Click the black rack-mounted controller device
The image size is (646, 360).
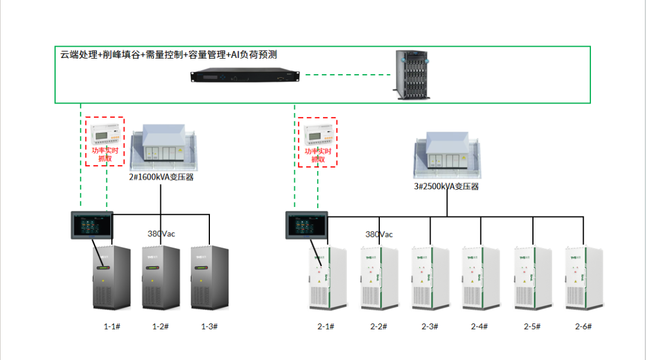(x=245, y=76)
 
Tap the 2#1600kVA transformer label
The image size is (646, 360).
(x=161, y=177)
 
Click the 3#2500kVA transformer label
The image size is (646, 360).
(x=447, y=187)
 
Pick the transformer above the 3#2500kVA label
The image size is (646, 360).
(x=447, y=157)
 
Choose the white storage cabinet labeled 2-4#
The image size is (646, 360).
(x=481, y=277)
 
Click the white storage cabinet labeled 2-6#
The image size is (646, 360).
(x=583, y=277)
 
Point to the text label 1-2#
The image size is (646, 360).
(x=160, y=327)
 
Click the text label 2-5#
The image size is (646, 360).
(x=532, y=327)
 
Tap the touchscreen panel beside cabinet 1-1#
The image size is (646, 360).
(x=92, y=225)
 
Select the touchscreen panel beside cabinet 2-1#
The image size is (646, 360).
(x=307, y=225)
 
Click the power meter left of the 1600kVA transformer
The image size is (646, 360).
(x=105, y=133)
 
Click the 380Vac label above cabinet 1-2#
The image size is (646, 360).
(x=161, y=234)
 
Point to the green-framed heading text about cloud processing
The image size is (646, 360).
(x=168, y=55)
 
